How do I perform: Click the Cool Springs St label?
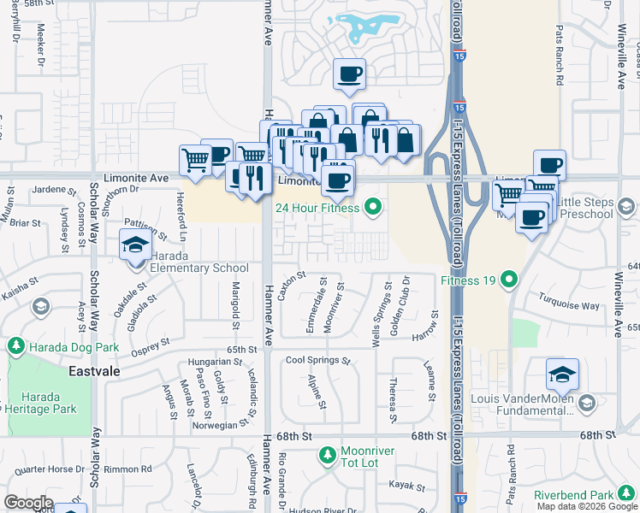(318, 361)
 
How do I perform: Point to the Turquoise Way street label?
(569, 301)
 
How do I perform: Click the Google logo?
(28, 503)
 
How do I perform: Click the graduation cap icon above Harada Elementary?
(135, 245)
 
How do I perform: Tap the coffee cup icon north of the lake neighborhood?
(348, 74)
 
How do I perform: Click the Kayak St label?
(406, 486)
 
